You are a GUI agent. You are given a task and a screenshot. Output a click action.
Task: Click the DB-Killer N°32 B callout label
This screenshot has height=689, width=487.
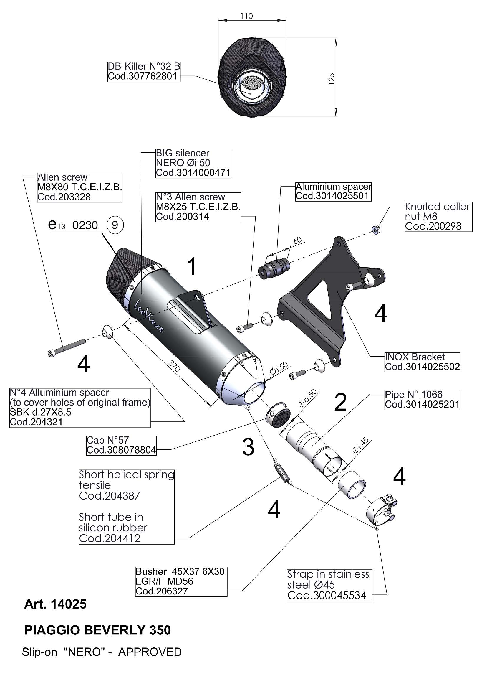coord(144,71)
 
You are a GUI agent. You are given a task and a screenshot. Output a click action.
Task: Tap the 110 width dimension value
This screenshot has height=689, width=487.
coord(246,16)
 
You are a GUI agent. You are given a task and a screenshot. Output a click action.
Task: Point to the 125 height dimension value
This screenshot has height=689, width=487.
coord(331,79)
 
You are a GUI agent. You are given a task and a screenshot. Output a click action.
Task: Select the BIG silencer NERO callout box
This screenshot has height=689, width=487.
coord(193,163)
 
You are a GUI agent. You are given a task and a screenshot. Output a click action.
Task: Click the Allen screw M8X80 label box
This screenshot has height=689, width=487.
coord(79,187)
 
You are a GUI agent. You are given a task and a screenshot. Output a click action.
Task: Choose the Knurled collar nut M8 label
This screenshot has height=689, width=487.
coord(438,217)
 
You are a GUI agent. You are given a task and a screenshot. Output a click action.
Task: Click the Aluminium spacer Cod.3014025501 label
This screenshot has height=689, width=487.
coord(333,192)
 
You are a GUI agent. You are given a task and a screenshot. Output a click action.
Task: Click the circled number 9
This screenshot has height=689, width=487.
coord(115,225)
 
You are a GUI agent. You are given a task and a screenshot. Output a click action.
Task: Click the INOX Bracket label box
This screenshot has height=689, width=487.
coord(422,362)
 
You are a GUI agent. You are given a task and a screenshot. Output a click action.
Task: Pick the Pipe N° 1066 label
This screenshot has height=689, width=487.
coord(422,400)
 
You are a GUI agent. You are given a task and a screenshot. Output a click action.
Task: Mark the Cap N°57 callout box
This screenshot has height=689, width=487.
coord(121,445)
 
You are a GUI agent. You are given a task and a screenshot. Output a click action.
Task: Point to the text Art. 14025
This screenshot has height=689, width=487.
coord(55,604)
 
